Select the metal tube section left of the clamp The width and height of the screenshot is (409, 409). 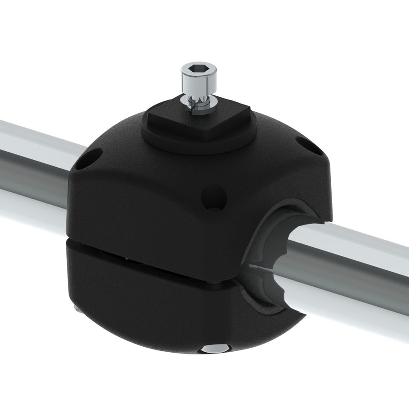tap(32, 168)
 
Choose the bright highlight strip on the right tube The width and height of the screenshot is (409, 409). tap(359, 245)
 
